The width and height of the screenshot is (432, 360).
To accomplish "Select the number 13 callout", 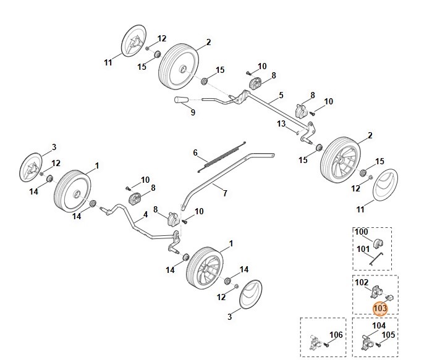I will click(281, 123).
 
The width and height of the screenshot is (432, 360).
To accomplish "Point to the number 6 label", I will click(195, 153).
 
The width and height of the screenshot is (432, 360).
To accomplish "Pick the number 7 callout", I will click(224, 193).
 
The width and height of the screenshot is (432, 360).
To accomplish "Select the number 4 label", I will click(145, 214).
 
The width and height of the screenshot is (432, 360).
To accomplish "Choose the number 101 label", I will click(362, 250).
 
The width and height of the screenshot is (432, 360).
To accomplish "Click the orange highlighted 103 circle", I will click(379, 308).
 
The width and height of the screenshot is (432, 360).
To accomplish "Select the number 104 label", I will click(379, 325).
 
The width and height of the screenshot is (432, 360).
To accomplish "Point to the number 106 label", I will click(336, 335).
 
